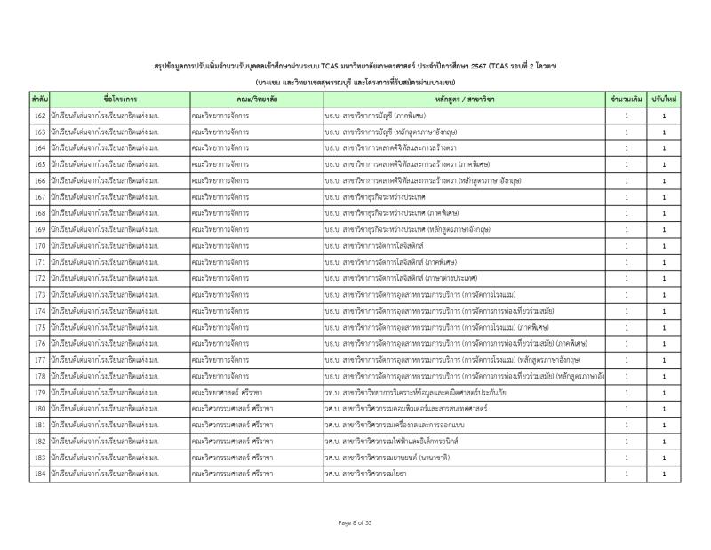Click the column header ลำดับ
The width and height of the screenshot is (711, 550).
click(39, 100)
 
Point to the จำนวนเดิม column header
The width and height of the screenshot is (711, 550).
click(627, 100)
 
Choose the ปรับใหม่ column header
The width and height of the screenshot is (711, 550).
click(664, 100)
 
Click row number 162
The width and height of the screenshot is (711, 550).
click(39, 116)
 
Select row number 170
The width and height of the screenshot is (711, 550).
click(39, 243)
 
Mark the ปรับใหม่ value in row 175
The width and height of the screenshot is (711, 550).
click(664, 327)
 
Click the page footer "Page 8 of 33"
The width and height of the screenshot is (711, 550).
click(355, 522)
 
